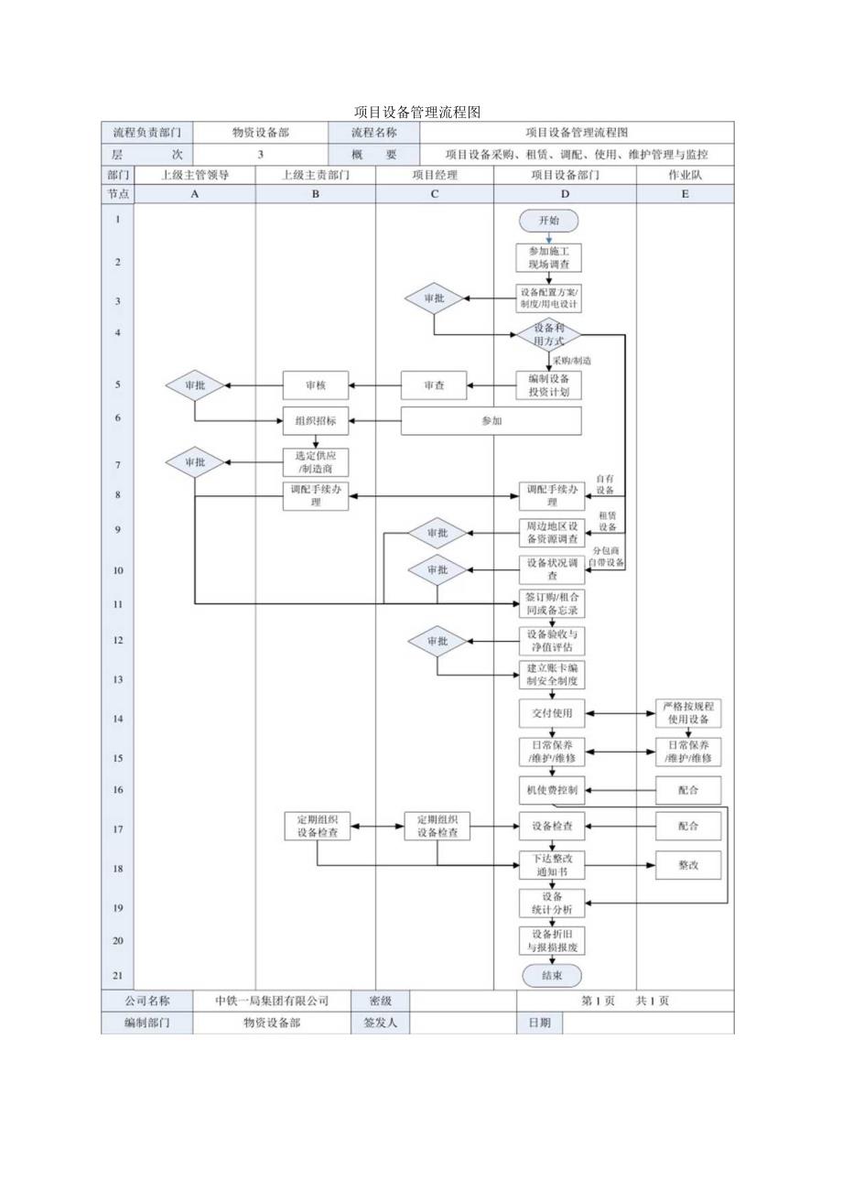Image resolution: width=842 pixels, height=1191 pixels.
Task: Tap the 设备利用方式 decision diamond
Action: [x=549, y=335]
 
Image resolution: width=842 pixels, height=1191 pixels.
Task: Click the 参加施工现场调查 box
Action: [x=549, y=257]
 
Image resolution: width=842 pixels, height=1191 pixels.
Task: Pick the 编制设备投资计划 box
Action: [x=549, y=385]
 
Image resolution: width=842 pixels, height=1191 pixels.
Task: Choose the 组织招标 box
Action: [x=315, y=421]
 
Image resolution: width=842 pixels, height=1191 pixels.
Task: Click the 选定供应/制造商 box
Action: [x=315, y=463]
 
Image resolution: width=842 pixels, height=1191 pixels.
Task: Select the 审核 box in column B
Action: [x=315, y=385]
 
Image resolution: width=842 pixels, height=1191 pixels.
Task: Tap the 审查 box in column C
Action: [x=434, y=385]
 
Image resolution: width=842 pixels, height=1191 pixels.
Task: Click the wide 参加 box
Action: [x=491, y=421]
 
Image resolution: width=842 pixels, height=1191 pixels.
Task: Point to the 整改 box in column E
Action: [x=688, y=865]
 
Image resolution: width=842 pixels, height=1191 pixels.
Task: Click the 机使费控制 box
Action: [x=549, y=790]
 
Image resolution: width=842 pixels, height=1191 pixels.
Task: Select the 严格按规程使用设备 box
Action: [x=688, y=713]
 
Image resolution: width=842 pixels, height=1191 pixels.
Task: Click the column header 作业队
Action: [x=685, y=174]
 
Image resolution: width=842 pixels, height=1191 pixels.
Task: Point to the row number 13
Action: [x=117, y=679]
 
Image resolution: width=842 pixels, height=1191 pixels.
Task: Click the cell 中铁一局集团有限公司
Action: [x=272, y=1001]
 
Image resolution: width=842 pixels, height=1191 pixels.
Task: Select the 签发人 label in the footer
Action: [x=374, y=1023]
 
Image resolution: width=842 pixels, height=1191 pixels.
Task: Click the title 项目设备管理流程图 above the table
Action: [x=417, y=113]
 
